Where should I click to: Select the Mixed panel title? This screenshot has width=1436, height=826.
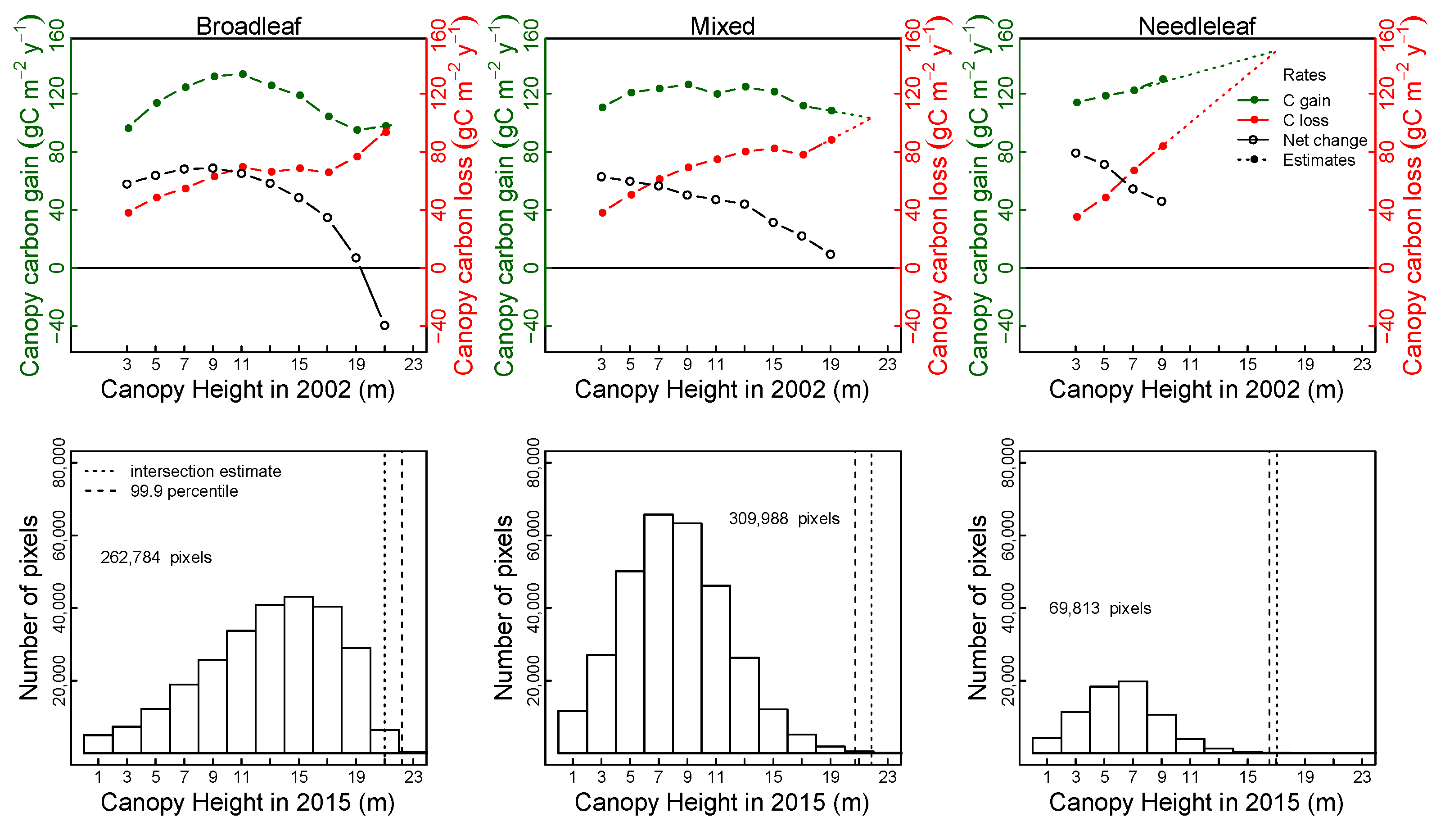[722, 26]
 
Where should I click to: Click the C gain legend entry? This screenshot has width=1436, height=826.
[1305, 100]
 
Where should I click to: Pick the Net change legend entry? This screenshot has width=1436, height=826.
[1324, 140]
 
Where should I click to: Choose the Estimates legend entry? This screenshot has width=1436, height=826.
[1318, 160]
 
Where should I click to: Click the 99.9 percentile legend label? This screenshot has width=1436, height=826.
[184, 491]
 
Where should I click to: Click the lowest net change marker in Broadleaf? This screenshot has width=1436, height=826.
[384, 325]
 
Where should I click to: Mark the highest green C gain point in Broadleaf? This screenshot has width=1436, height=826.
[242, 74]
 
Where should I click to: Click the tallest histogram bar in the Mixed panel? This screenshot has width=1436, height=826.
[658, 632]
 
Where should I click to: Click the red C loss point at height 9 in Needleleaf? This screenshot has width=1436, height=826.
[1162, 146]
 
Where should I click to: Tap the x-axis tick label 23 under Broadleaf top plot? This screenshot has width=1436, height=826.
[413, 364]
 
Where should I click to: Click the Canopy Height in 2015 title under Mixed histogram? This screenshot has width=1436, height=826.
[722, 802]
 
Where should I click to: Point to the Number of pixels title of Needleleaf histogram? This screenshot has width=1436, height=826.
[978, 607]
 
